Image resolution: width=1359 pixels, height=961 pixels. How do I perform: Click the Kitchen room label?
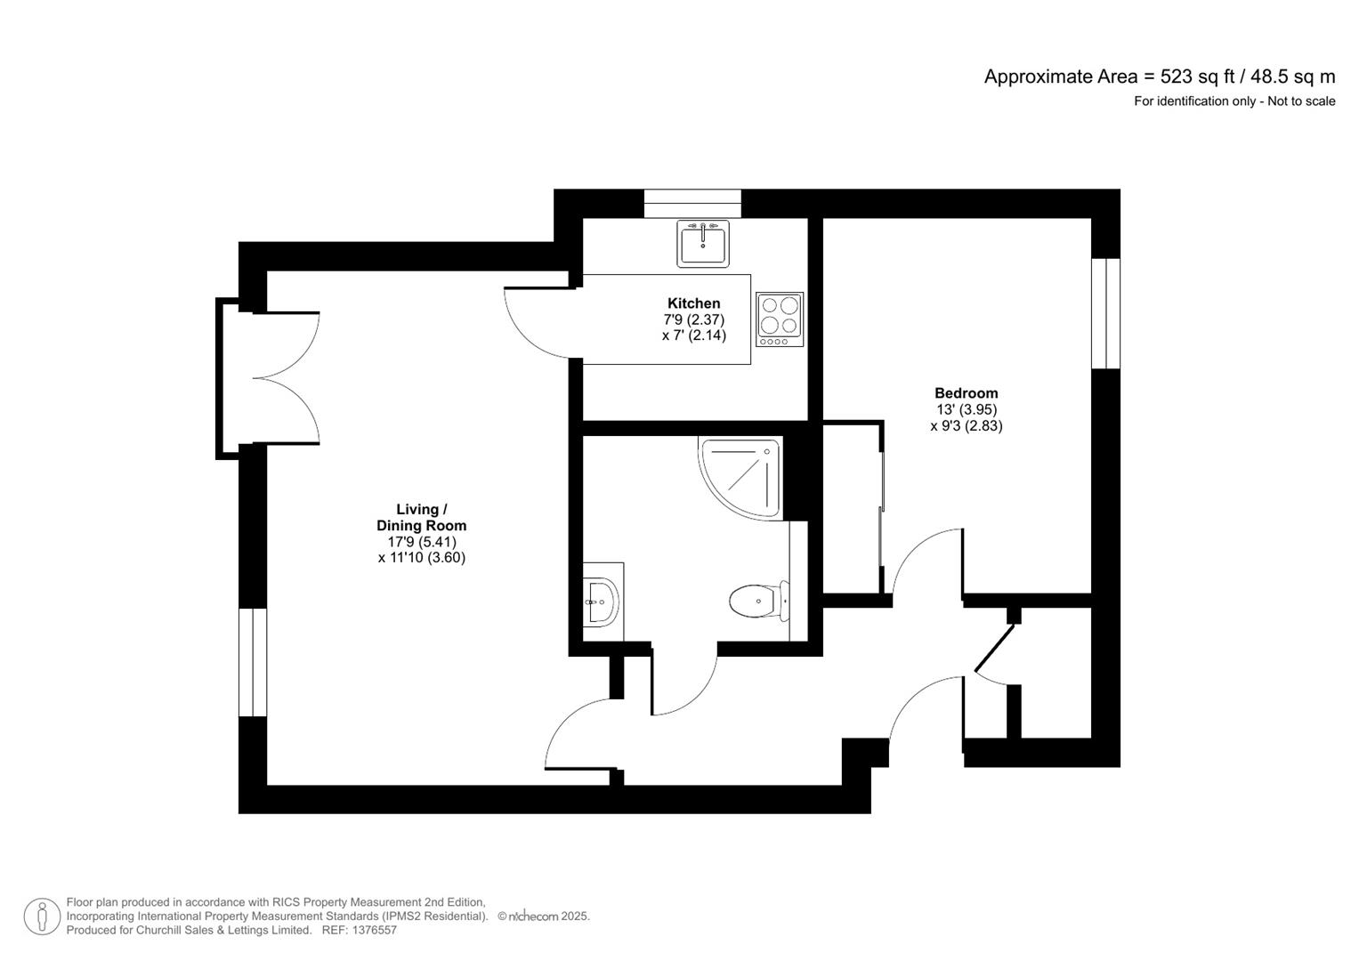tap(693, 303)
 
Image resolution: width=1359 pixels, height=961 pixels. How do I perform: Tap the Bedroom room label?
tap(966, 393)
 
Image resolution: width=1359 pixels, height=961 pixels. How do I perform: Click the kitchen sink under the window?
tap(703, 243)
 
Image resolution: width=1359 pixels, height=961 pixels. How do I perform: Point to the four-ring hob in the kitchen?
tap(780, 319)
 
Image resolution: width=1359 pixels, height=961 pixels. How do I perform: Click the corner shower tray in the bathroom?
tap(741, 477)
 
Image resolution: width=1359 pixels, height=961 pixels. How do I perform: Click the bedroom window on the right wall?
tap(1105, 313)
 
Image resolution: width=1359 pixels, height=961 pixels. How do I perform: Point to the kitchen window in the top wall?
tap(692, 203)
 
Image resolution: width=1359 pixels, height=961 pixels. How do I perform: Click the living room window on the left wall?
tap(253, 662)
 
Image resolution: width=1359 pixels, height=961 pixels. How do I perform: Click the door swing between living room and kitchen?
tap(537, 323)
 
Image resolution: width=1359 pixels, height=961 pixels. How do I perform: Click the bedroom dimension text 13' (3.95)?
tap(966, 409)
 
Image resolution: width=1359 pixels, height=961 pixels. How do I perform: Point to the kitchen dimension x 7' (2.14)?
tap(693, 335)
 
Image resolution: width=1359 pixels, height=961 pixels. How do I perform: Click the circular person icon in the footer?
tap(42, 917)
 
